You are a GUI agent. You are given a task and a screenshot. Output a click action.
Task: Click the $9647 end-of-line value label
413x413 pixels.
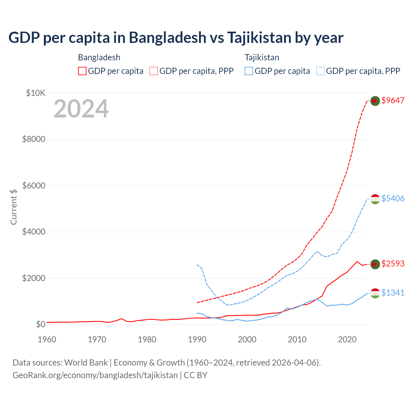click(x=393, y=100)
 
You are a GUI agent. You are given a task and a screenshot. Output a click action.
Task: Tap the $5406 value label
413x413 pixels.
click(x=393, y=198)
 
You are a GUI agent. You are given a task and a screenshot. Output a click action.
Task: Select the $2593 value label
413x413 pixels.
click(x=393, y=264)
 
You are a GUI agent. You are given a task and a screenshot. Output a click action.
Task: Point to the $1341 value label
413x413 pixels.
click(x=393, y=293)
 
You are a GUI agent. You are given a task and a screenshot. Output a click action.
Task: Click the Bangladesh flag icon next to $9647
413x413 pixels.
click(x=375, y=101)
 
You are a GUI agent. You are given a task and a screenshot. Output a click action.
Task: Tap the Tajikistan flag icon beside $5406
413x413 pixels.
click(x=375, y=199)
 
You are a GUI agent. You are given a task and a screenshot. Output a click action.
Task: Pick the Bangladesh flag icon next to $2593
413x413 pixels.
click(x=375, y=264)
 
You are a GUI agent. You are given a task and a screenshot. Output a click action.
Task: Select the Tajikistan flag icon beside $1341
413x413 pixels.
click(x=375, y=293)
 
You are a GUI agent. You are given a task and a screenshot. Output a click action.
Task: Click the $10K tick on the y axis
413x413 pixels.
click(x=35, y=93)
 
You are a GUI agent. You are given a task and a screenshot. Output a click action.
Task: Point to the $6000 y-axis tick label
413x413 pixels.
click(x=34, y=186)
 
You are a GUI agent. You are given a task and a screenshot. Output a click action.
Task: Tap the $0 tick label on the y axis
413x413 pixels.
click(x=41, y=324)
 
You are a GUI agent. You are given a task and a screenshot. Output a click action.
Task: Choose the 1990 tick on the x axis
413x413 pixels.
click(x=197, y=339)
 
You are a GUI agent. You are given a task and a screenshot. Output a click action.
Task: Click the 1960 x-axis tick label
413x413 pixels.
click(x=47, y=339)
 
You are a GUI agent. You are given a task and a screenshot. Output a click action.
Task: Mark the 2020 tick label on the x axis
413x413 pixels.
click(x=347, y=339)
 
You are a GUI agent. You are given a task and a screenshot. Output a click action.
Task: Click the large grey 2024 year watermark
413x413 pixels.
click(x=81, y=109)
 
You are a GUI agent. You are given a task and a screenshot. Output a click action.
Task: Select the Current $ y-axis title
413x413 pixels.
click(x=14, y=207)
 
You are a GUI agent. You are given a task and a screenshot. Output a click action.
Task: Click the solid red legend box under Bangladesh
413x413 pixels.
click(x=82, y=71)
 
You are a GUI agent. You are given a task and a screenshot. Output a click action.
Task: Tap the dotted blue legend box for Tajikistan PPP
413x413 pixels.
click(x=320, y=71)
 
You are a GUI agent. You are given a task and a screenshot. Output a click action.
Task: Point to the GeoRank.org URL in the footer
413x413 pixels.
click(x=95, y=375)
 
